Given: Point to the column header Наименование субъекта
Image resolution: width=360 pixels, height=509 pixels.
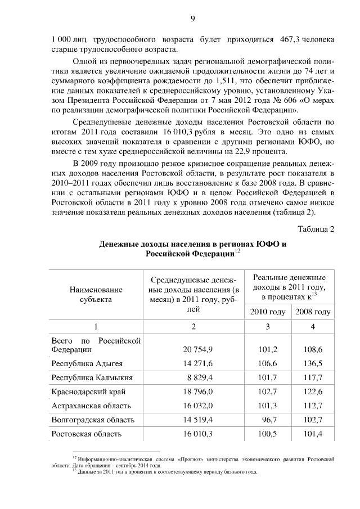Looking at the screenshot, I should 96,294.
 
